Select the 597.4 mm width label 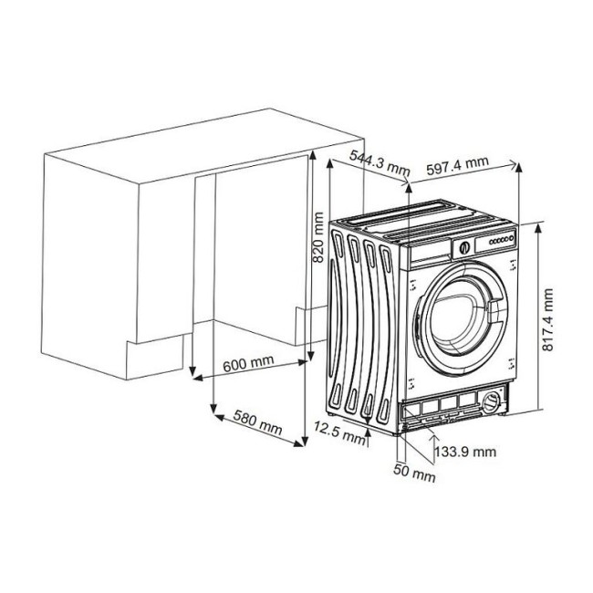click(457, 165)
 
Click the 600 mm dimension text click(248, 363)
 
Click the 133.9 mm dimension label click(465, 451)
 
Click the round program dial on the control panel click(463, 244)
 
